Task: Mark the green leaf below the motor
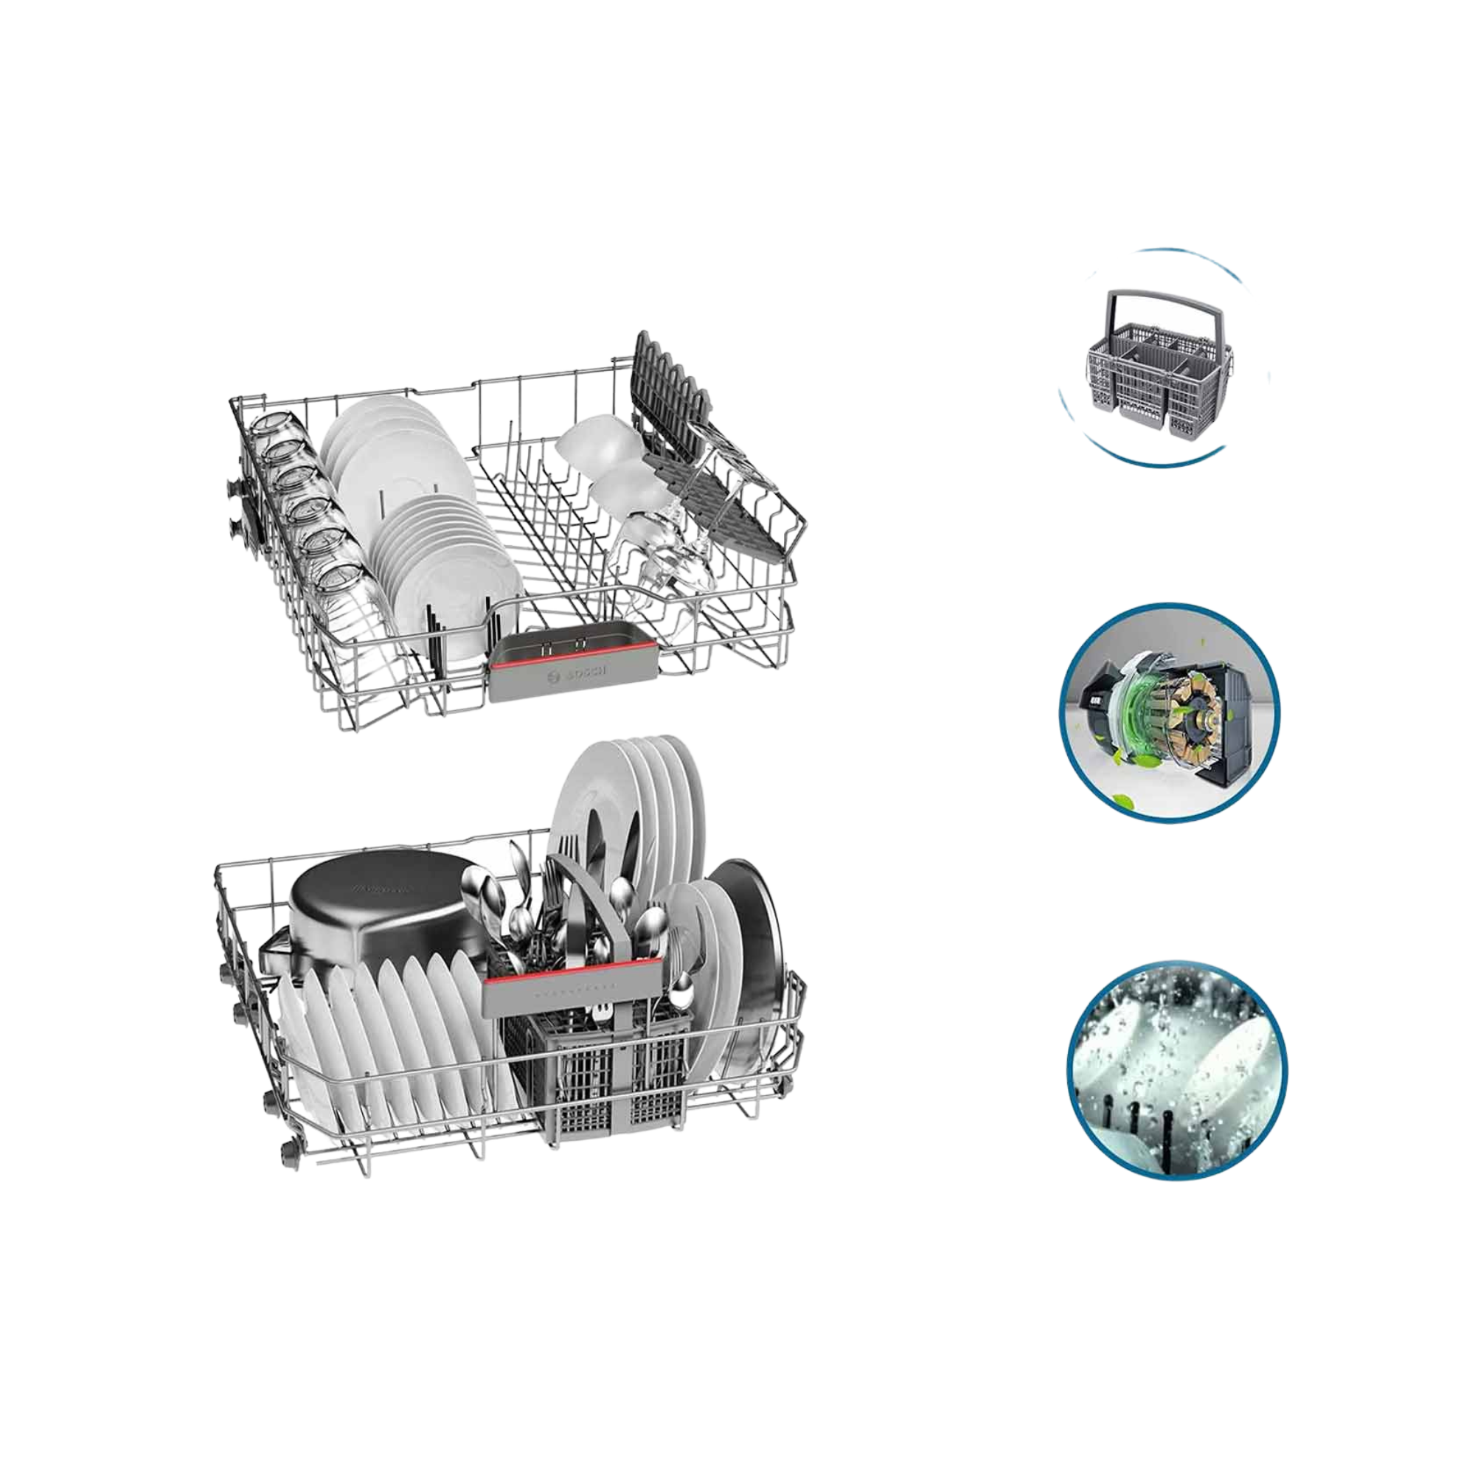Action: [1122, 802]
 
